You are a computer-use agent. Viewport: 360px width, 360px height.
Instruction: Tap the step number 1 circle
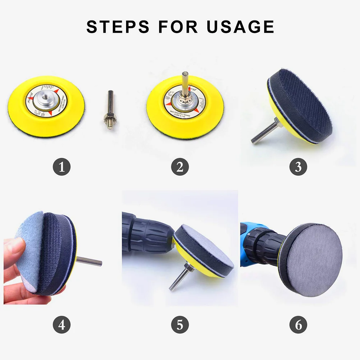pyautogui.click(x=62, y=167)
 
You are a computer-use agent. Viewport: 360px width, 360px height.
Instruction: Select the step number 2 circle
pyautogui.click(x=180, y=167)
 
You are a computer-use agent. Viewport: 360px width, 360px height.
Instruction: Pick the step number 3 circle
pyautogui.click(x=298, y=167)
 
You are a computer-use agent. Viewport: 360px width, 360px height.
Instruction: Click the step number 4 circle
pyautogui.click(x=62, y=326)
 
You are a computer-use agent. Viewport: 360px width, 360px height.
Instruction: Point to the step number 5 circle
pyautogui.click(x=180, y=326)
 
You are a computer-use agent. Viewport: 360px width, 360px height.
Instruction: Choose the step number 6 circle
pyautogui.click(x=298, y=326)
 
